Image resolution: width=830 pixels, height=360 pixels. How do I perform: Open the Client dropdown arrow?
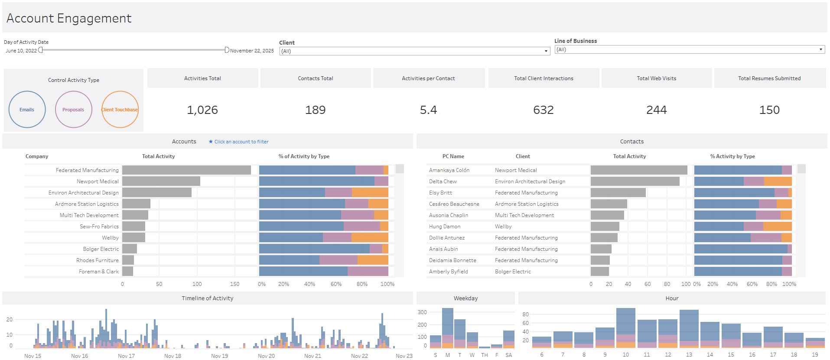click(546, 51)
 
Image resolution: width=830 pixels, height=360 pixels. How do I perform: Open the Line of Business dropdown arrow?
click(820, 49)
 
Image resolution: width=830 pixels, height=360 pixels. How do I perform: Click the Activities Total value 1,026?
click(202, 110)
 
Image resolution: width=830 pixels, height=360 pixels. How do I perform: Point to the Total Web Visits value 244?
click(657, 110)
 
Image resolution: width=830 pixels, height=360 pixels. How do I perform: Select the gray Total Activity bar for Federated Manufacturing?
click(186, 170)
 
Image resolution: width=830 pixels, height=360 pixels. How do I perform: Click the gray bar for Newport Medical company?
click(161, 182)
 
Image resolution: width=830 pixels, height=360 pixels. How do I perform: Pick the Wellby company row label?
click(110, 238)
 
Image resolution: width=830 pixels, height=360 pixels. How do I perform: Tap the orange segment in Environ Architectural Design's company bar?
click(370, 193)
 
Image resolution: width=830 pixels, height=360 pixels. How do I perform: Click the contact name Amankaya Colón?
click(449, 170)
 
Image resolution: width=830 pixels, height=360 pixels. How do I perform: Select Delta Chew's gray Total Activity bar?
click(635, 182)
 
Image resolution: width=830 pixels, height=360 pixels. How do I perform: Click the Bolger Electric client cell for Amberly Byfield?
click(513, 272)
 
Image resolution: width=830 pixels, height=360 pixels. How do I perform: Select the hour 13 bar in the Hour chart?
click(689, 329)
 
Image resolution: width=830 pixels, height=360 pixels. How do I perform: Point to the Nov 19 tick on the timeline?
click(219, 356)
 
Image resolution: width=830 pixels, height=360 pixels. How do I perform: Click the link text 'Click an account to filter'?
click(241, 142)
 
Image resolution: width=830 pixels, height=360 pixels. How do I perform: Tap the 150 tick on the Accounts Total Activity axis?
click(234, 284)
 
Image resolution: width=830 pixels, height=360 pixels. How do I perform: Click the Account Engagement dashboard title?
click(69, 18)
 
